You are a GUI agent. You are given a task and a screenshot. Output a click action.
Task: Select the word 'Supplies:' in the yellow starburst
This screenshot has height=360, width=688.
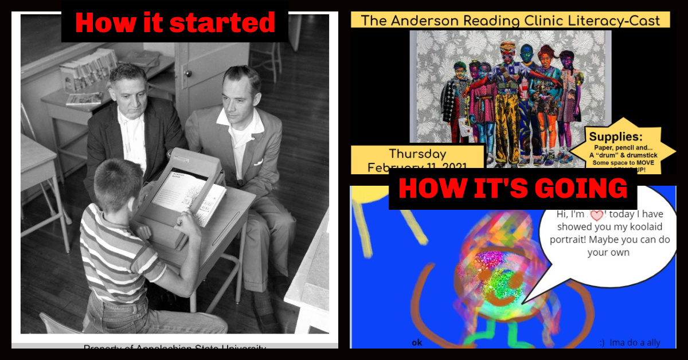point(616,137)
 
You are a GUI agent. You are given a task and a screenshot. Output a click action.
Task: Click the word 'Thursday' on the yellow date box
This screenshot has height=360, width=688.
point(417,154)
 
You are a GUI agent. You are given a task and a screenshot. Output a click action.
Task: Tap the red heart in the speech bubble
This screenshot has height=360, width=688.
point(597,215)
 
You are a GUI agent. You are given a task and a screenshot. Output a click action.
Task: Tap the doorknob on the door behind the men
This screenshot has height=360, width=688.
point(187,73)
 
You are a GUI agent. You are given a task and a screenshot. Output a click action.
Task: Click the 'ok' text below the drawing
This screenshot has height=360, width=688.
point(417,343)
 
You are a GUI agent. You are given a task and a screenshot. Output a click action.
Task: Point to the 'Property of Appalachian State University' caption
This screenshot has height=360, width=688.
point(174,347)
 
